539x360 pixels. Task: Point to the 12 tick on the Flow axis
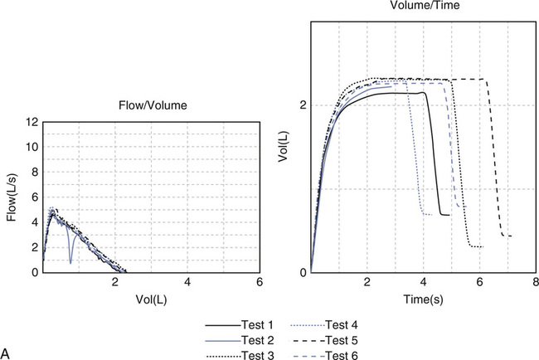pos(31,122)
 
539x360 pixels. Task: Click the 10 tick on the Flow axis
pos(31,147)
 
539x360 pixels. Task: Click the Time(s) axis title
pos(423,296)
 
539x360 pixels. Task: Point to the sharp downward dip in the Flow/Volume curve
pos(70,261)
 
